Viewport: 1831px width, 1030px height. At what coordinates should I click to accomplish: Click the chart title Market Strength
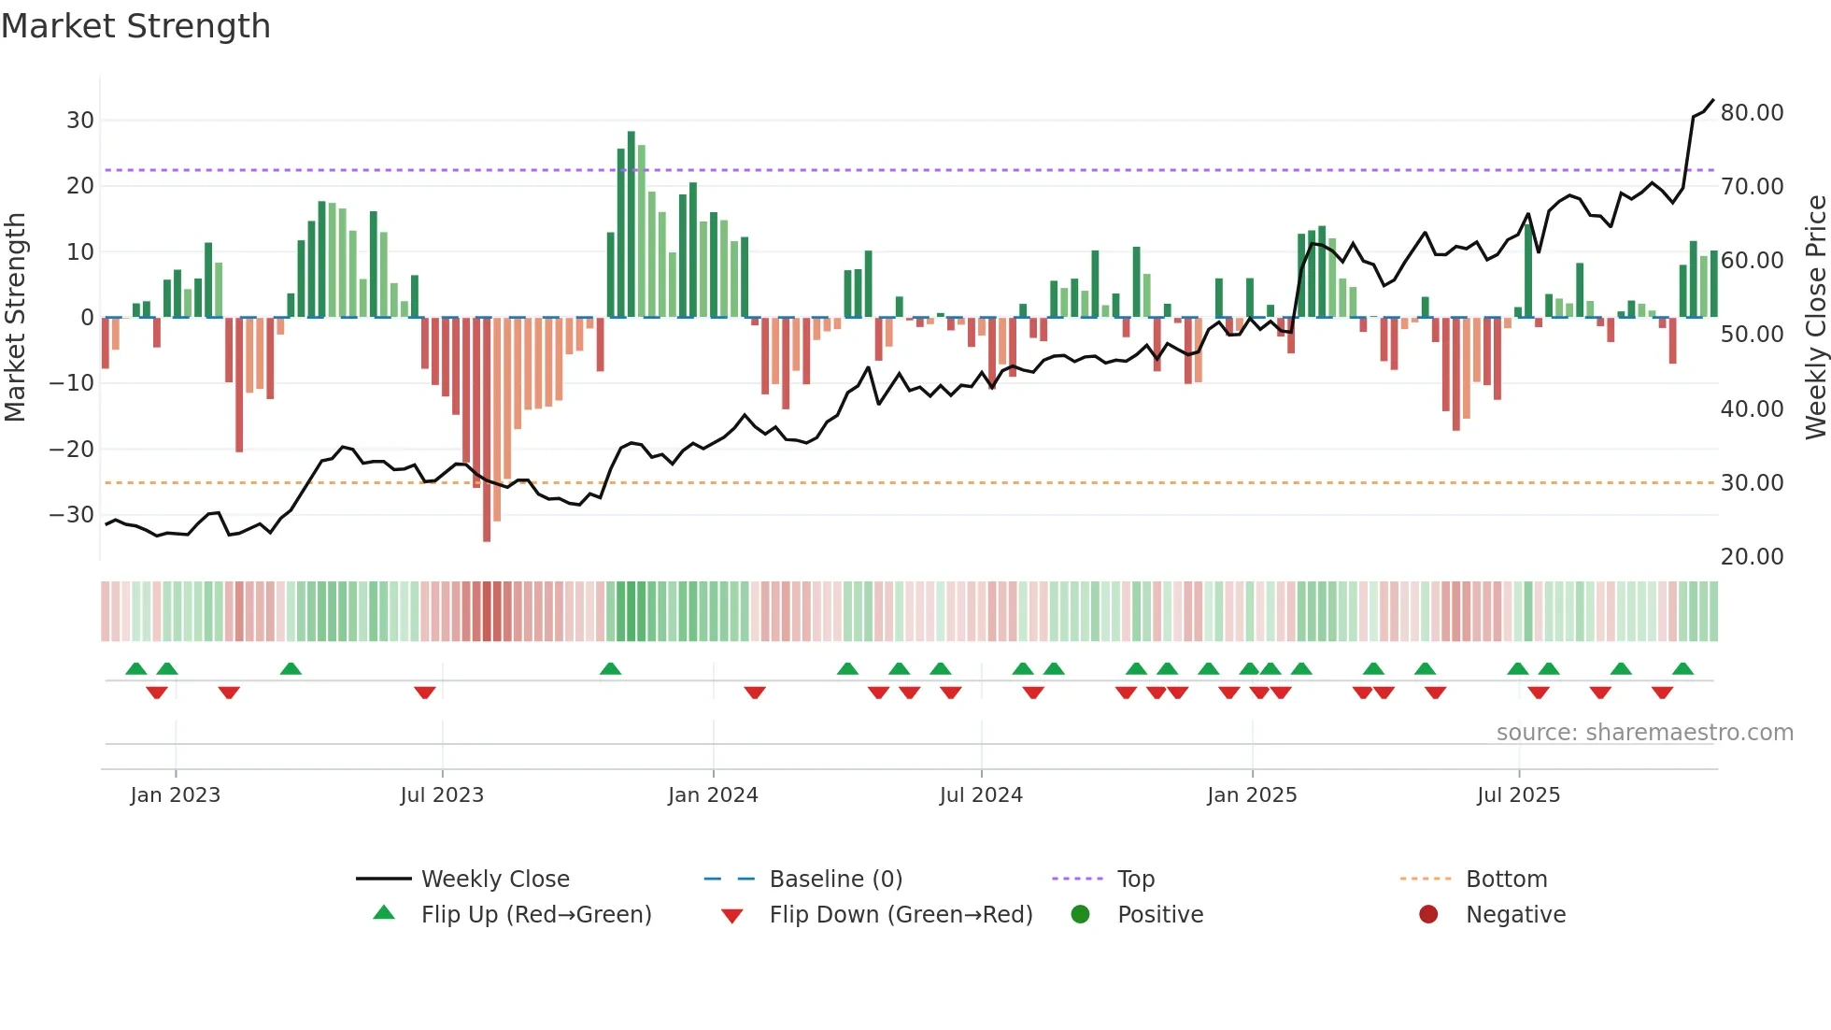135,26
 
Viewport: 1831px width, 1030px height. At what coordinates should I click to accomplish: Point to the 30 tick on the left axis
80,121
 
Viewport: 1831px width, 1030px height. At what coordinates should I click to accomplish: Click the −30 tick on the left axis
72,515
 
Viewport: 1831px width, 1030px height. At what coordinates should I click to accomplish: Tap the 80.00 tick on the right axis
1752,113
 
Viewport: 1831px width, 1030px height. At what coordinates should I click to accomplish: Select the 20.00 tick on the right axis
1752,557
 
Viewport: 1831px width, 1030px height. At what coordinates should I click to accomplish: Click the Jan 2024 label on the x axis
713,795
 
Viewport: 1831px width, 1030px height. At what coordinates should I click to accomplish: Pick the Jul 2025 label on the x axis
1518,795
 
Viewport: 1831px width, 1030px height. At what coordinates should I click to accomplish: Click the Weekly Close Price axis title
1815,318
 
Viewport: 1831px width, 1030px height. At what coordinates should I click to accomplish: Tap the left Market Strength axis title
15,318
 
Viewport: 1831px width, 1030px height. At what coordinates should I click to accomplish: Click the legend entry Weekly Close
494,880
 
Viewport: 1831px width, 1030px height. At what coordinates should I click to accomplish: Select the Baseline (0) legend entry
835,880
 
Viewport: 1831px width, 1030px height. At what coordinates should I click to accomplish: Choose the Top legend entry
1135,880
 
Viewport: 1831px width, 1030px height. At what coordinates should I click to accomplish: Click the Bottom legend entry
1506,880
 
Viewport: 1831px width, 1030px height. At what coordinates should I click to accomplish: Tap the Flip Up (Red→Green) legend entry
535,915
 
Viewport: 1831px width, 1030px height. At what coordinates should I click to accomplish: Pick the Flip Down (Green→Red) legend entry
901,915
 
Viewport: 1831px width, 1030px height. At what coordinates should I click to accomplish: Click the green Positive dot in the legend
1081,915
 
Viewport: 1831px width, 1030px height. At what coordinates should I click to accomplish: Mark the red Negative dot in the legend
1428,915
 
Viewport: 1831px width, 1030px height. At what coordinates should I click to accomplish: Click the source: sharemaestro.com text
1644,733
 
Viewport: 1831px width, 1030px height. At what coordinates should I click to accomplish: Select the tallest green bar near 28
632,224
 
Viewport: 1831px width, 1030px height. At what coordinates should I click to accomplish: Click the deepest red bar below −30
487,430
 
